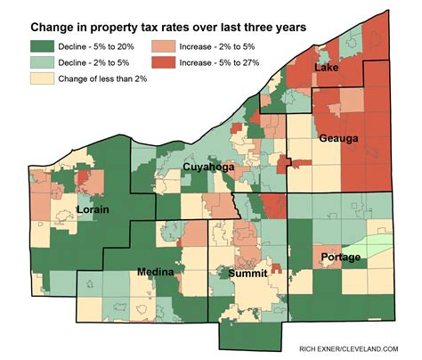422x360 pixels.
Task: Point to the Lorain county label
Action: (93, 209)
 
